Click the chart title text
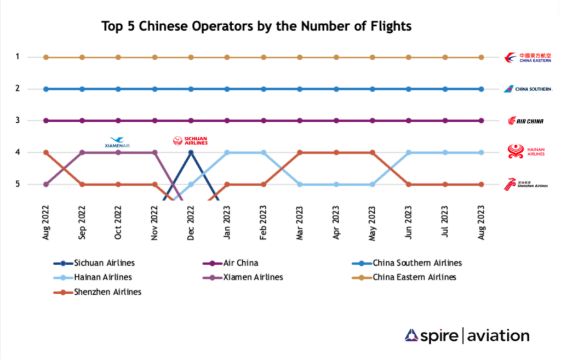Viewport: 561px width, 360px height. coord(256,26)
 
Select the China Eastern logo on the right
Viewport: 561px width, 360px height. coord(528,58)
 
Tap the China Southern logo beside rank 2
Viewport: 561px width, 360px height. coord(528,89)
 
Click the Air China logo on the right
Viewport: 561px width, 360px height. coord(526,121)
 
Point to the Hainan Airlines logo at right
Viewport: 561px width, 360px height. coord(526,152)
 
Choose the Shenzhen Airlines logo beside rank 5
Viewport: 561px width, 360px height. coord(526,184)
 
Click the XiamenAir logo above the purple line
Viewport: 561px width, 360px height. coord(117,142)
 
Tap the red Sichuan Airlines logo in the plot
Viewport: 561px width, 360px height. coord(190,141)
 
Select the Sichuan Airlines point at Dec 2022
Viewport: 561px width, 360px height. coord(191,152)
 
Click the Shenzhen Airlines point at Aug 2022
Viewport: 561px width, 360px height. coord(46,152)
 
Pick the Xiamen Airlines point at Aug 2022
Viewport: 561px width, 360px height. coord(46,184)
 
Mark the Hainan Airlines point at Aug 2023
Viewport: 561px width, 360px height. coord(481,152)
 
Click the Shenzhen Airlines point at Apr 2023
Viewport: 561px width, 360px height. coord(336,152)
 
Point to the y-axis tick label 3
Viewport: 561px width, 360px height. coord(33,121)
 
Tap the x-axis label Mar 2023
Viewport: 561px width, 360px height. coord(300,224)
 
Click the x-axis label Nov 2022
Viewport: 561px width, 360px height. coord(155,224)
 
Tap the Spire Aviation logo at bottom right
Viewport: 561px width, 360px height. coord(467,335)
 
